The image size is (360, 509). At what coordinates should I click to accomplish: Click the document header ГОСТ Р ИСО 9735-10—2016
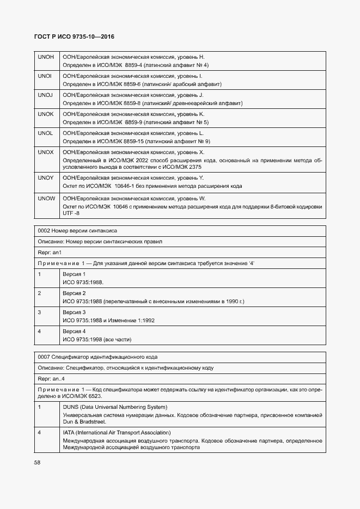(x=75, y=37)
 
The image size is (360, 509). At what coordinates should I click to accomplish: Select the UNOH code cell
(x=45, y=57)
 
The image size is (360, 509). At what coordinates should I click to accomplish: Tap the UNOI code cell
(x=45, y=76)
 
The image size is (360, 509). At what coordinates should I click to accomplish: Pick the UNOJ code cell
(x=45, y=95)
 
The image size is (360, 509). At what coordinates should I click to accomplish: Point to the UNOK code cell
(x=45, y=114)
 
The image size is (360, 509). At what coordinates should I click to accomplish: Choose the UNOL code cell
(x=45, y=133)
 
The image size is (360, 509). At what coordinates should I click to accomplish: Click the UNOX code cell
(x=45, y=152)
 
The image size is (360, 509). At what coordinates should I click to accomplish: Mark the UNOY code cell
(x=45, y=178)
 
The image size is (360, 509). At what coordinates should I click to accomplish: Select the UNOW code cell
(x=46, y=199)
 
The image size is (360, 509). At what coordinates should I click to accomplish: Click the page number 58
(x=38, y=462)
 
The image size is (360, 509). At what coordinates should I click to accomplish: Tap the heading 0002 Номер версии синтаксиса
(x=77, y=231)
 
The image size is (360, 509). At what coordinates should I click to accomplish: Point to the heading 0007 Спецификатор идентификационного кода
(x=97, y=357)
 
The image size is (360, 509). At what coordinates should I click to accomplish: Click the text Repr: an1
(x=50, y=253)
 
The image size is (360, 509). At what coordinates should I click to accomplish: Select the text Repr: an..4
(x=52, y=379)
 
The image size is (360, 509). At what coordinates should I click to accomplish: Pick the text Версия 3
(x=74, y=312)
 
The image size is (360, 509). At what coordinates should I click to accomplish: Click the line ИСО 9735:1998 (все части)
(x=97, y=340)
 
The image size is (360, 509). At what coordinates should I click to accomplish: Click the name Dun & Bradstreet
(x=84, y=422)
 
